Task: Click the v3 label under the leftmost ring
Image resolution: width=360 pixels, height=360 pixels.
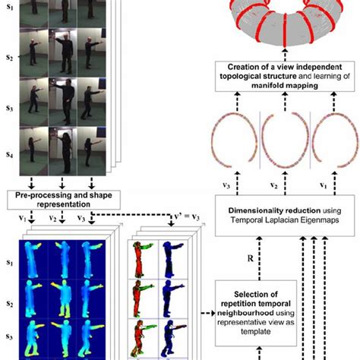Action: click(x=223, y=185)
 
